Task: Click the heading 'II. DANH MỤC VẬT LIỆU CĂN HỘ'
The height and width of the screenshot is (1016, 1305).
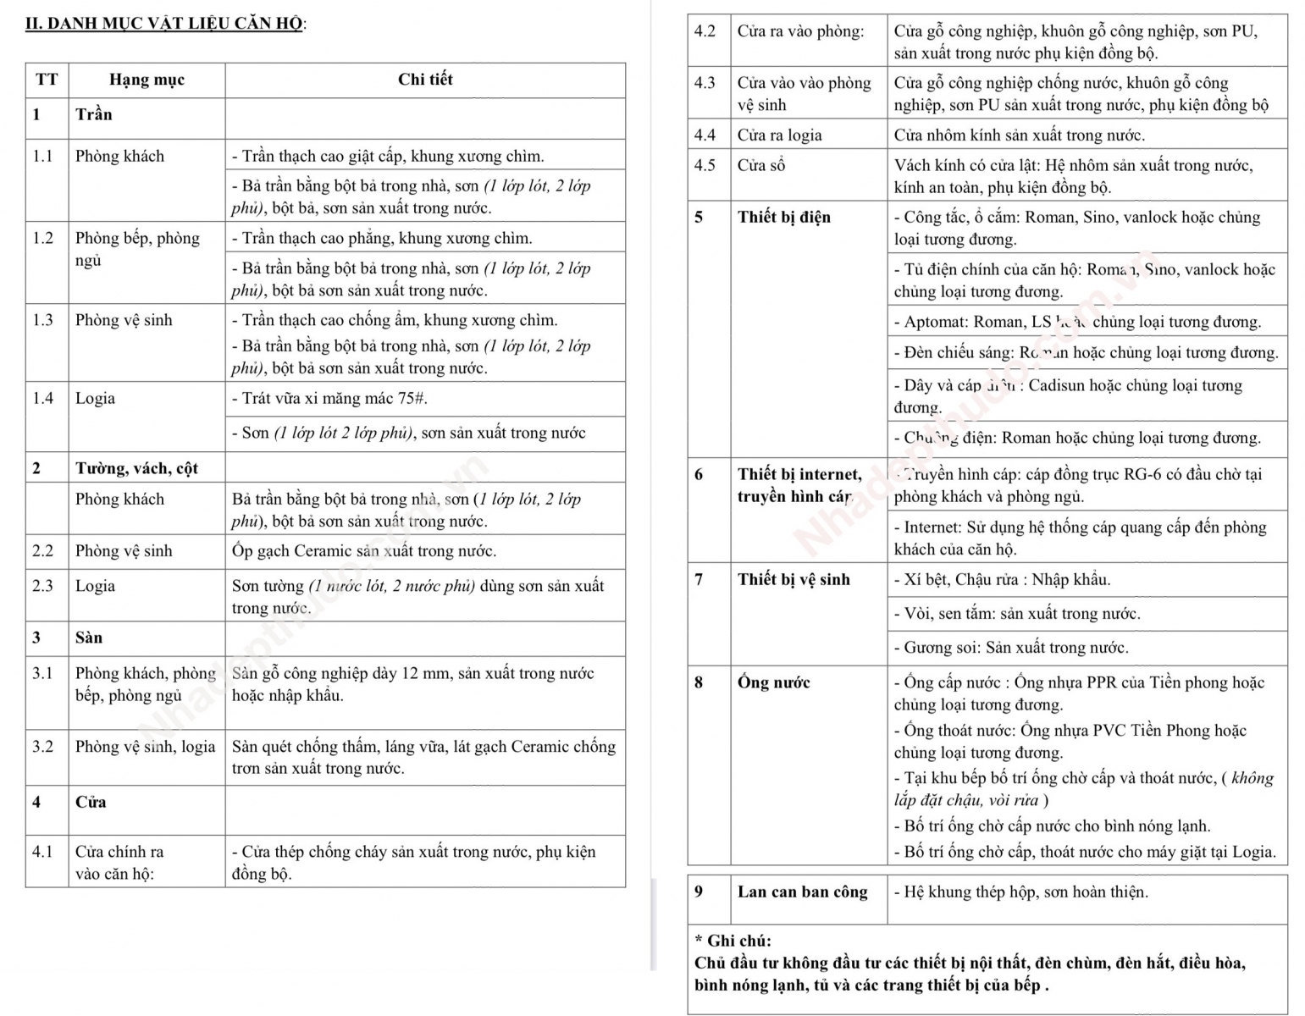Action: (x=165, y=23)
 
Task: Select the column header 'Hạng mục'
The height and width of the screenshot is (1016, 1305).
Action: (x=147, y=80)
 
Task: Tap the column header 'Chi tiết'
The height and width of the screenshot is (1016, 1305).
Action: (x=425, y=80)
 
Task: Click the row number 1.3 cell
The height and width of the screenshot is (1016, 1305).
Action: (x=43, y=320)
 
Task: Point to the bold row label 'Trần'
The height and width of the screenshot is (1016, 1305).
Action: (x=93, y=114)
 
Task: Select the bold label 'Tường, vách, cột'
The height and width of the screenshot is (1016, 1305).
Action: (x=136, y=468)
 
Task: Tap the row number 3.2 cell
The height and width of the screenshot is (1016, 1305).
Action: (x=43, y=747)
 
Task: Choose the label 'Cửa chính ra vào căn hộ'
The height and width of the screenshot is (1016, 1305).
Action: (x=119, y=862)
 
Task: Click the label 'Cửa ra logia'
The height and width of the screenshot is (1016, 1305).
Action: (x=779, y=135)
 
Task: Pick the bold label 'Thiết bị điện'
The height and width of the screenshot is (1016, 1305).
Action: (x=783, y=217)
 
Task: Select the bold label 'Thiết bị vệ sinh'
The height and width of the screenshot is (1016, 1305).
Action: (x=793, y=579)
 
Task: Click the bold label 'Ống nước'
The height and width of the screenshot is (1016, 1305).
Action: (x=773, y=682)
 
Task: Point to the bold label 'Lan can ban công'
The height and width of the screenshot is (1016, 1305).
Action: (x=802, y=892)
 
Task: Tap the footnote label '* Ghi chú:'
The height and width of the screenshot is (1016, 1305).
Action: (x=733, y=941)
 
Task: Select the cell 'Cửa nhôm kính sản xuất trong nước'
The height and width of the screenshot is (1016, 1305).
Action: (x=1019, y=135)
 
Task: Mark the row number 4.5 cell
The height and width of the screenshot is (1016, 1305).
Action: (x=705, y=165)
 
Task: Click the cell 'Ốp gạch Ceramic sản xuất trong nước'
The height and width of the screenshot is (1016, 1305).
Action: (x=364, y=551)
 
